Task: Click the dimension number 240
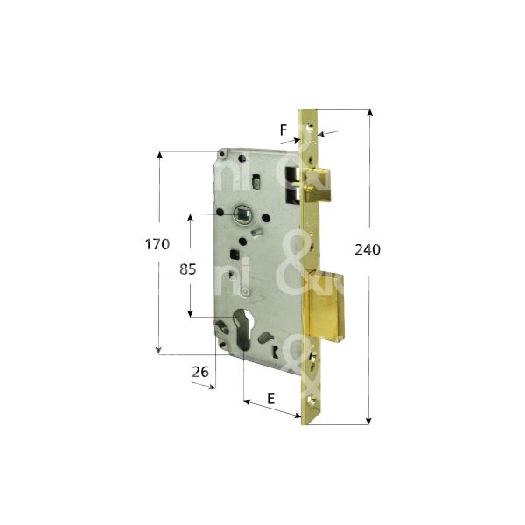click(x=368, y=249)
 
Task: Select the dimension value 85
click(x=188, y=270)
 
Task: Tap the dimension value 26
click(x=199, y=372)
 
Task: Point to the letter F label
click(x=283, y=131)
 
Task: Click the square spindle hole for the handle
click(x=242, y=213)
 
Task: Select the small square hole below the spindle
click(x=236, y=254)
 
